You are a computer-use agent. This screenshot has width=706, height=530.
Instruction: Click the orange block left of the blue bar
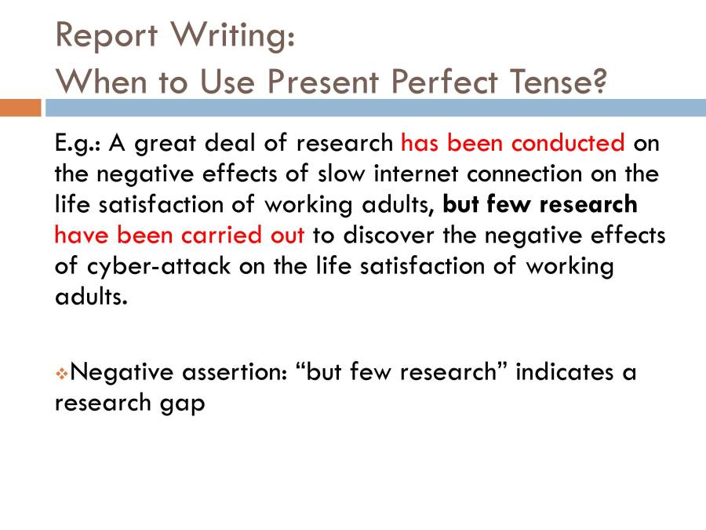pyautogui.click(x=20, y=108)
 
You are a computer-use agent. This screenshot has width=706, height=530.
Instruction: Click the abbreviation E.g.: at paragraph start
pyautogui.click(x=78, y=144)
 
